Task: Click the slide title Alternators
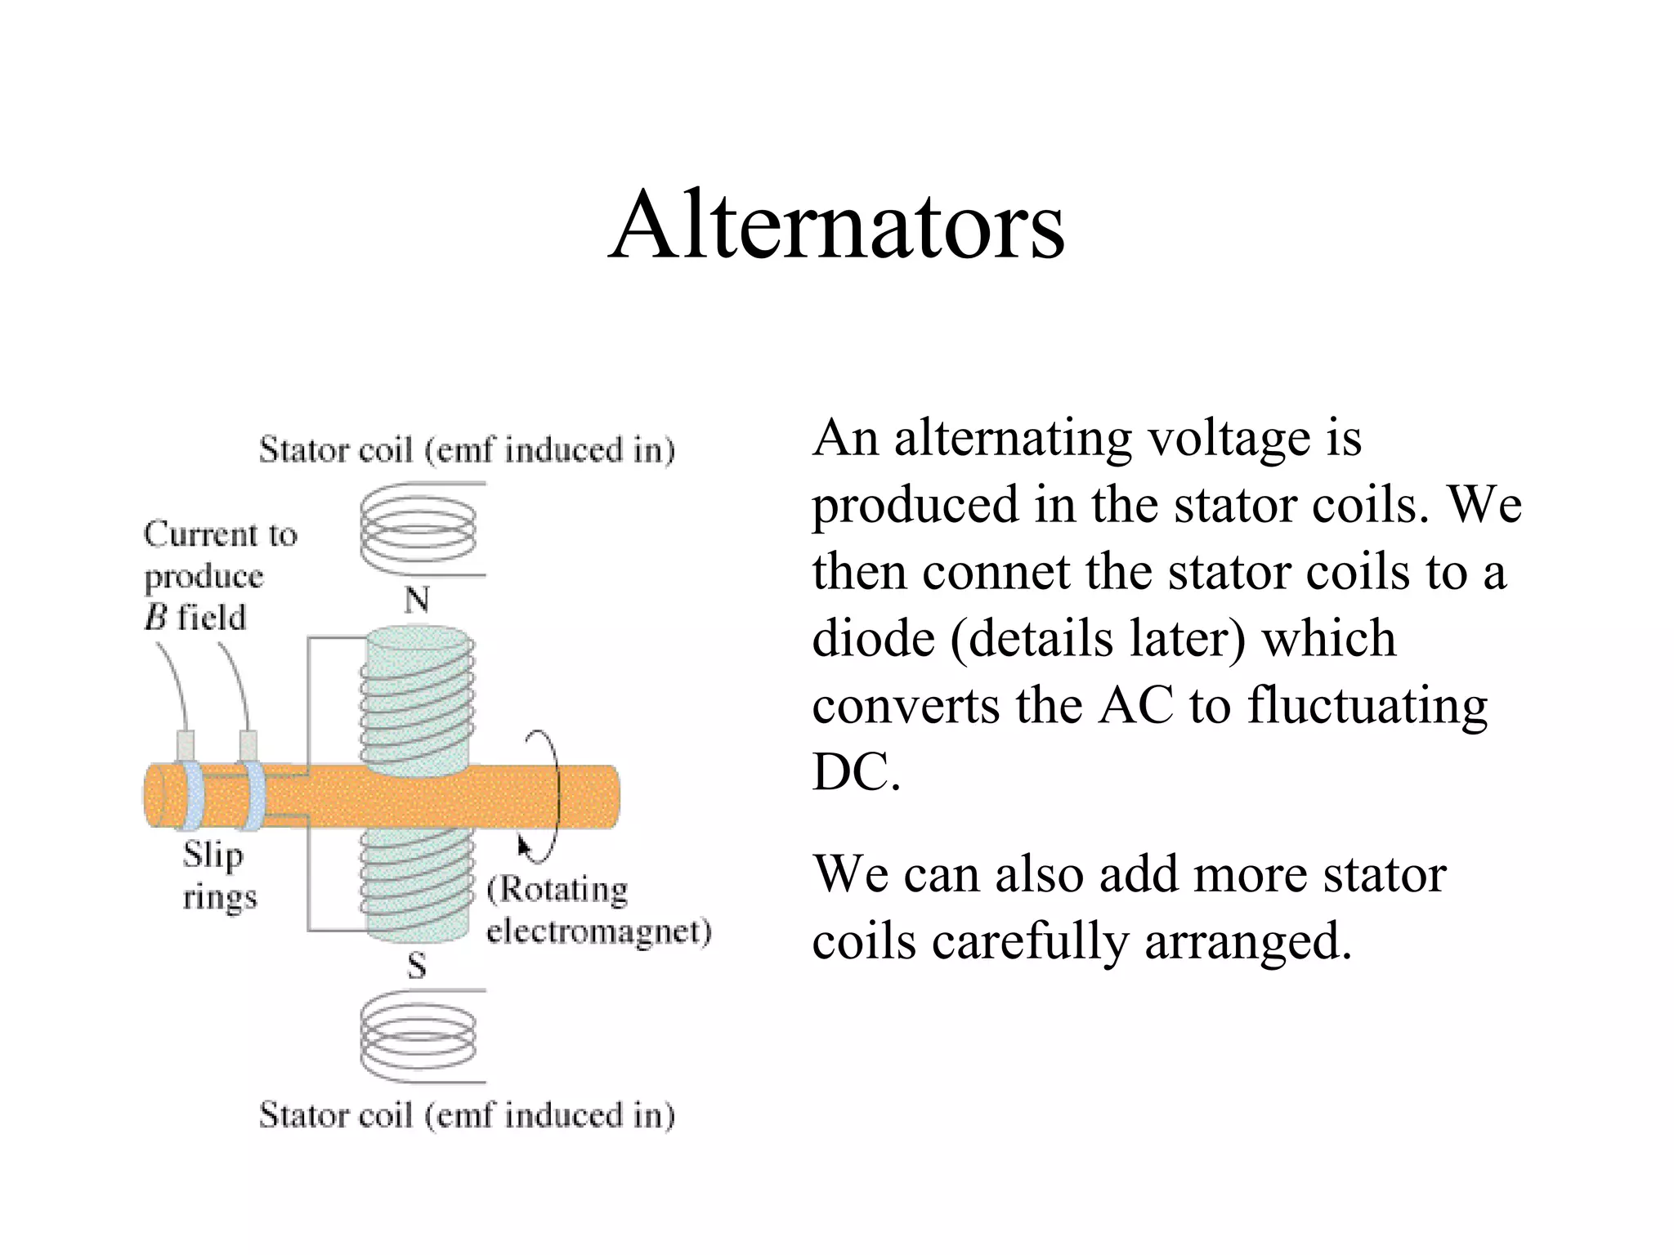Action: pos(836,225)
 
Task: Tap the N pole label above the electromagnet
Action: pos(417,601)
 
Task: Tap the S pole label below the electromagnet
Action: pos(417,967)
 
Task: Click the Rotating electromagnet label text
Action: pos(598,910)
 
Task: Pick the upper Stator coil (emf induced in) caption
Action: pos(467,450)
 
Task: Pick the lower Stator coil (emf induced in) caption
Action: pos(467,1115)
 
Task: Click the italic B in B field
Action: pos(155,618)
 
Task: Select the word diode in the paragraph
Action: pos(873,638)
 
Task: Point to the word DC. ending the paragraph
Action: pos(855,772)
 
